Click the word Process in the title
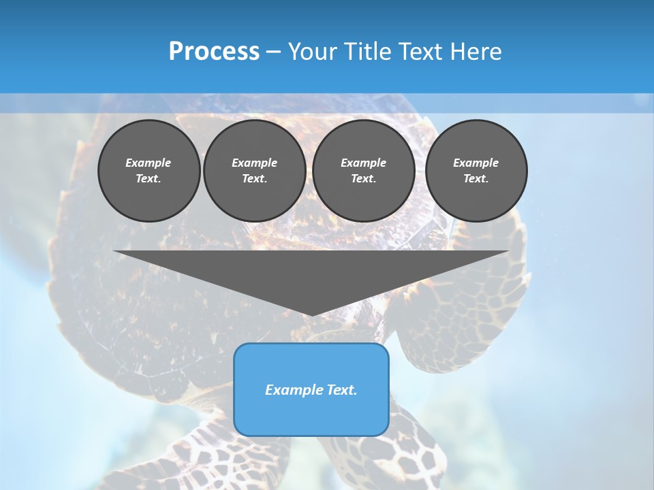pyautogui.click(x=214, y=52)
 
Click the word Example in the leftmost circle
pyautogui.click(x=149, y=163)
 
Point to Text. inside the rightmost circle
pyautogui.click(x=476, y=178)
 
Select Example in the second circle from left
pyautogui.click(x=254, y=163)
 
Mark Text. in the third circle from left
pyautogui.click(x=363, y=178)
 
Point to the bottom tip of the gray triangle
pyautogui.click(x=311, y=314)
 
